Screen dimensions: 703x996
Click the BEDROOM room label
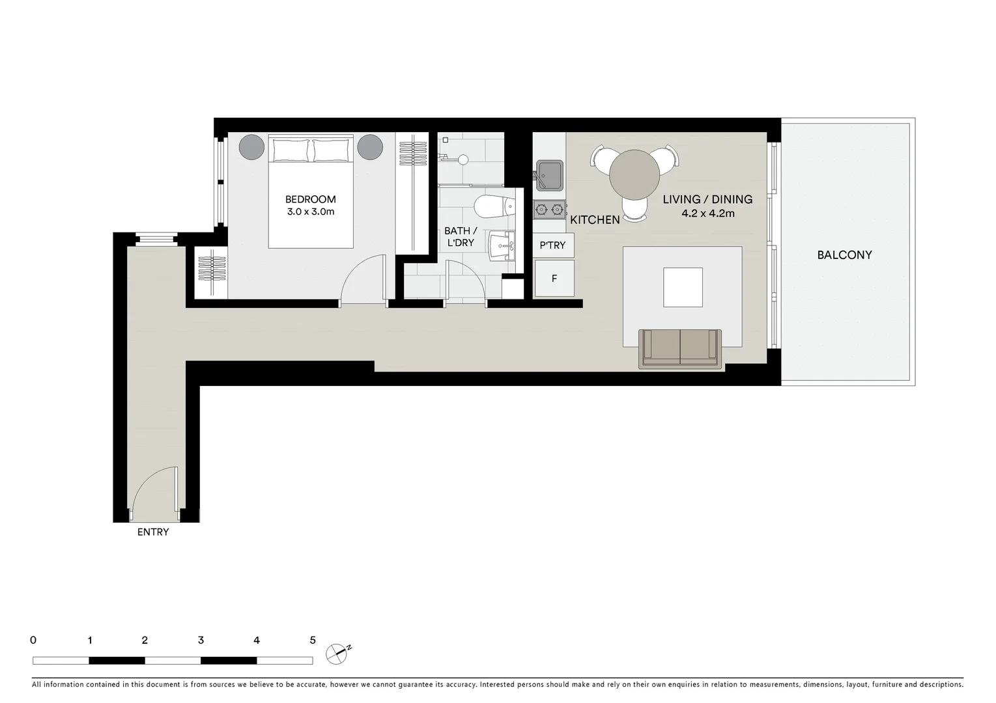pyautogui.click(x=310, y=199)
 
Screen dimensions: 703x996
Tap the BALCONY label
pyautogui.click(x=844, y=255)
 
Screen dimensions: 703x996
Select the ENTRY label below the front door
pyautogui.click(x=153, y=532)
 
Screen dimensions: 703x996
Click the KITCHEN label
pyautogui.click(x=595, y=220)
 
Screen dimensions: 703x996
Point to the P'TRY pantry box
pyautogui.click(x=553, y=245)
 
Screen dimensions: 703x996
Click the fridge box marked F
pyautogui.click(x=554, y=279)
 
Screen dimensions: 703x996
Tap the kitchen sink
pyautogui.click(x=549, y=174)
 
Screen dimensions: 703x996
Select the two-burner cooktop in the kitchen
pyautogui.click(x=549, y=210)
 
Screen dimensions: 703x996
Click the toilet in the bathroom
pyautogui.click(x=494, y=206)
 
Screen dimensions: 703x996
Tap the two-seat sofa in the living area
pyautogui.click(x=681, y=348)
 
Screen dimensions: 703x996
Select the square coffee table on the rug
pyautogui.click(x=683, y=287)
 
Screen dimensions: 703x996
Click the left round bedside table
pyautogui.click(x=252, y=147)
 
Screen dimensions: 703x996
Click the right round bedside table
pyautogui.click(x=369, y=147)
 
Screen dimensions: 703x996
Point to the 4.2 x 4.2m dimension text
pyautogui.click(x=707, y=214)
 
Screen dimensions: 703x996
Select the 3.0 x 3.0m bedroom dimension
pyautogui.click(x=310, y=212)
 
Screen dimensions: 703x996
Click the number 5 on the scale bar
pyautogui.click(x=313, y=641)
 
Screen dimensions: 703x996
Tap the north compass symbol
pyautogui.click(x=337, y=652)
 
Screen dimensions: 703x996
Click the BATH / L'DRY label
pyautogui.click(x=461, y=237)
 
